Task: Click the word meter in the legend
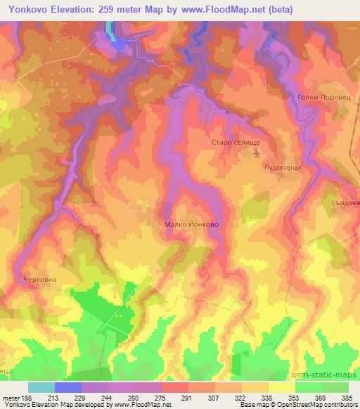[11, 398]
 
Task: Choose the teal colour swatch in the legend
[41, 387]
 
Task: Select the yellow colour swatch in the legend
[281, 387]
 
